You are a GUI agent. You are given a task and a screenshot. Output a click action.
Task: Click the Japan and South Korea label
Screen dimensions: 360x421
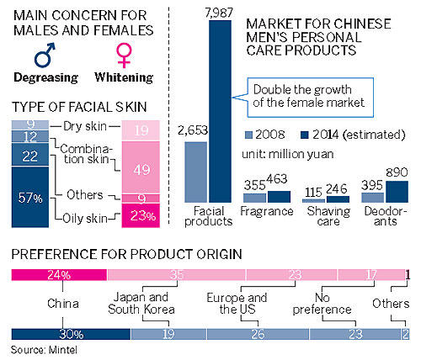click(145, 304)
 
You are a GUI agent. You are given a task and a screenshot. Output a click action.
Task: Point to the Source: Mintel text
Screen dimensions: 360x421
click(40, 348)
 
